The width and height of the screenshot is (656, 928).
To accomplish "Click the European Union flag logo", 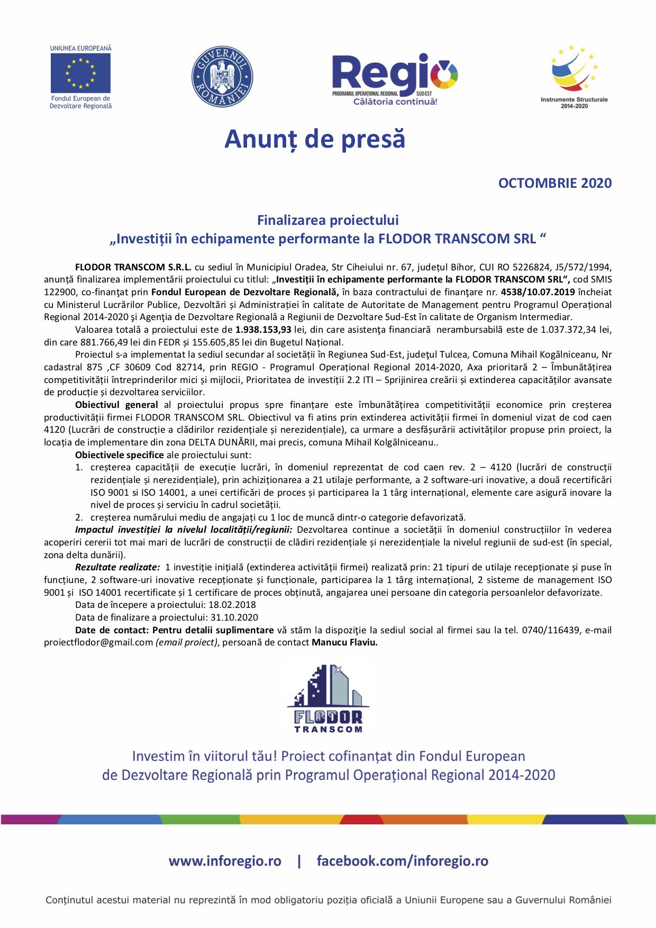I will click(x=80, y=74).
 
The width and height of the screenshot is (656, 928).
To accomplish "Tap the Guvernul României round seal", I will click(x=222, y=77).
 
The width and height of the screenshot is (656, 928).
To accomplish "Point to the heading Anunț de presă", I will click(x=315, y=139).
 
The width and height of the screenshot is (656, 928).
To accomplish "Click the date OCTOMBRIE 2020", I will click(x=554, y=183).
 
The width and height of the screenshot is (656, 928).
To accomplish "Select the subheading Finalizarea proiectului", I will click(x=327, y=220).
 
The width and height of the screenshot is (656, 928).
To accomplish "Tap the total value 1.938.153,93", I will click(x=263, y=330).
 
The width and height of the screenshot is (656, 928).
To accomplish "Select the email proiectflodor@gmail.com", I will click(x=98, y=643).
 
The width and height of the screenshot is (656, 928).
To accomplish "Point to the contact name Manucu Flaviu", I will click(x=344, y=643).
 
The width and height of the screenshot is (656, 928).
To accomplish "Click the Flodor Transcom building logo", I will click(x=328, y=698).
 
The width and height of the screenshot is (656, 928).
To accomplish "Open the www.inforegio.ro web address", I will click(x=225, y=861).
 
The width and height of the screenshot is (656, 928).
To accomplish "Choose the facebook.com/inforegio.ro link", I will click(x=402, y=861).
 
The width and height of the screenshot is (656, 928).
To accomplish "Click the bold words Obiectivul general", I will click(x=116, y=405).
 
